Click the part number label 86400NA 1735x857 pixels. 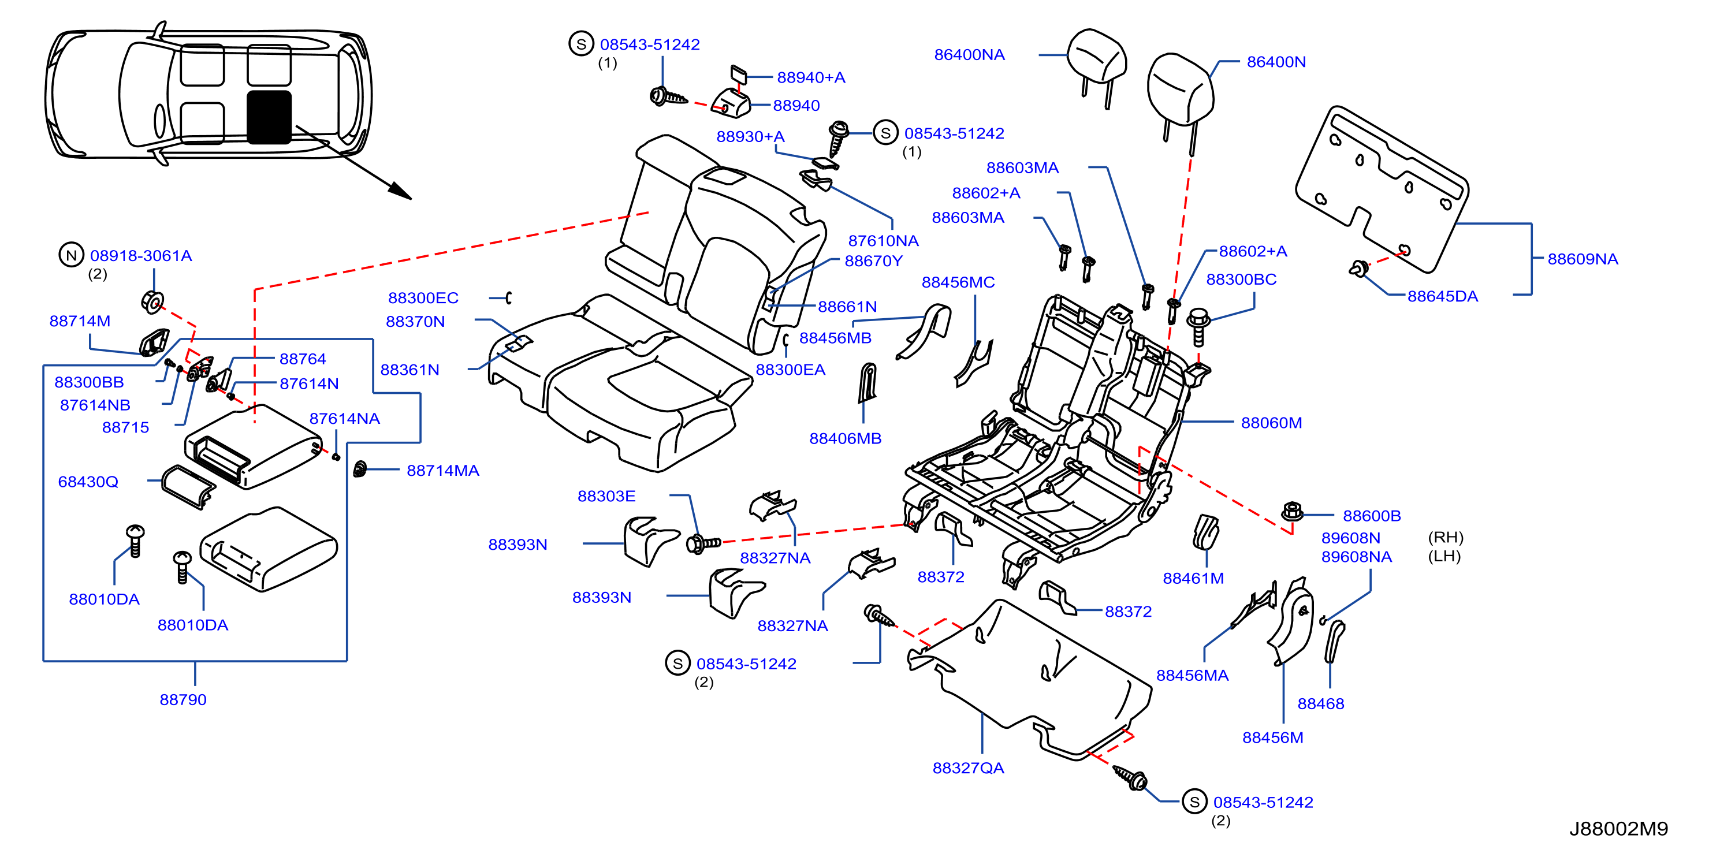pyautogui.click(x=969, y=54)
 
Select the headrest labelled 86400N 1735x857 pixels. pyautogui.click(x=1180, y=94)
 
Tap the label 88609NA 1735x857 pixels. pyautogui.click(x=1582, y=259)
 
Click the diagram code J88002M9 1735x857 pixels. pyautogui.click(x=1618, y=829)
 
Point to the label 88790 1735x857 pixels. pyautogui.click(x=183, y=699)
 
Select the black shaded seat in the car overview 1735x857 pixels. pyautogui.click(x=269, y=117)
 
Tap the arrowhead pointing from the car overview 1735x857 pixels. pyautogui.click(x=400, y=192)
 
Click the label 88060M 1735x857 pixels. pyautogui.click(x=1271, y=423)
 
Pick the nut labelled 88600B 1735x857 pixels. pyautogui.click(x=1291, y=512)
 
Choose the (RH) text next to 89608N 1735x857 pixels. pyautogui.click(x=1446, y=537)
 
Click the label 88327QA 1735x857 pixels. pyautogui.click(x=968, y=768)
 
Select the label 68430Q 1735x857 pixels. pyautogui.click(x=88, y=482)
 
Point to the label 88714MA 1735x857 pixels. pyautogui.click(x=442, y=471)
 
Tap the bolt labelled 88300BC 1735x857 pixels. pyautogui.click(x=1198, y=326)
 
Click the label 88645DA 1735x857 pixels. pyautogui.click(x=1443, y=296)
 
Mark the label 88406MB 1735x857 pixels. pyautogui.click(x=846, y=438)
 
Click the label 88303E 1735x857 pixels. pyautogui.click(x=606, y=496)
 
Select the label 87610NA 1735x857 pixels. pyautogui.click(x=883, y=240)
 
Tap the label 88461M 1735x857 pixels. pyautogui.click(x=1193, y=578)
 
